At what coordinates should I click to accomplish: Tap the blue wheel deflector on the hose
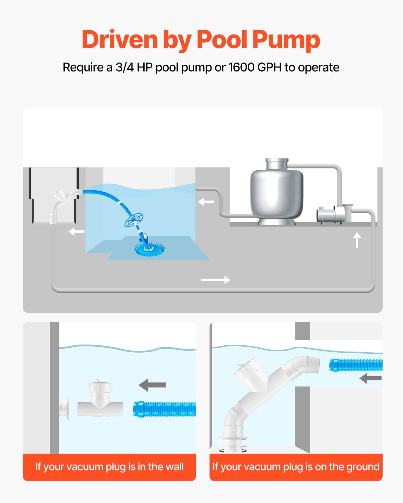click(x=134, y=220)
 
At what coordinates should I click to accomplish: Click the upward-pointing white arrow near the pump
click(x=357, y=240)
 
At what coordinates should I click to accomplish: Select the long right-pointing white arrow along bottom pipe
click(x=216, y=280)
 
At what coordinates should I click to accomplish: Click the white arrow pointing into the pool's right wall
click(x=206, y=201)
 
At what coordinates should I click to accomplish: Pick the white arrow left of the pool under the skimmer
click(x=76, y=231)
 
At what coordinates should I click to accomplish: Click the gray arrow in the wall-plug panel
click(x=152, y=385)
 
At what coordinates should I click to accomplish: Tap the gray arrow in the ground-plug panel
click(x=370, y=378)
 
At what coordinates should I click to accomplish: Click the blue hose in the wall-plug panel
click(x=165, y=409)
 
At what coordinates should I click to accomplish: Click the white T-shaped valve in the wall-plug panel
click(x=100, y=401)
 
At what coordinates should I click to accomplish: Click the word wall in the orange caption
click(x=173, y=467)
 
